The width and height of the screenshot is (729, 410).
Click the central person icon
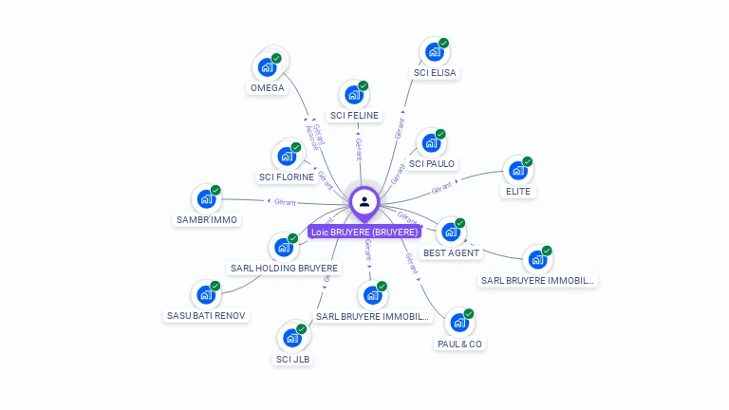pos(364,201)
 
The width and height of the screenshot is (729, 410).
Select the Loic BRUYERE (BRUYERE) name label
pos(364,232)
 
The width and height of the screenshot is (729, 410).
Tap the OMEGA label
pos(267,88)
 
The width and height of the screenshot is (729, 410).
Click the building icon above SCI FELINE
pos(353,95)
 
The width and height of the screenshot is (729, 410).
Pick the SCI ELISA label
pos(435,72)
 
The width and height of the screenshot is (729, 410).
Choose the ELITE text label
pos(517,191)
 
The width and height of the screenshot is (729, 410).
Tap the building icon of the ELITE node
pos(517,171)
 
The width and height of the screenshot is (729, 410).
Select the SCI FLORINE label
pos(286,177)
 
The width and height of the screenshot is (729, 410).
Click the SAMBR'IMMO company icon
pos(205,199)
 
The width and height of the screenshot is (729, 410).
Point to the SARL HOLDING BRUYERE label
pos(284,269)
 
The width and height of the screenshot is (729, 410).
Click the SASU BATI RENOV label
pos(206,315)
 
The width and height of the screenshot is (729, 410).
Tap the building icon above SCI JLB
pos(291,338)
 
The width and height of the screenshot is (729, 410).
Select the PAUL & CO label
pos(459,344)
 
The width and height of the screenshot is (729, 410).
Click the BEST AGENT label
pos(452,253)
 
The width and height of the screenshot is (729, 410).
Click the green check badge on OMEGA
pos(277,58)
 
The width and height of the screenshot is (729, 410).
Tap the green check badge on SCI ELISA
pos(443,43)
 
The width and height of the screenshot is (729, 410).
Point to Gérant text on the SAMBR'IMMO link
pos(284,202)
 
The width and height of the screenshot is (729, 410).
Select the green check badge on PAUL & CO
pos(469,313)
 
